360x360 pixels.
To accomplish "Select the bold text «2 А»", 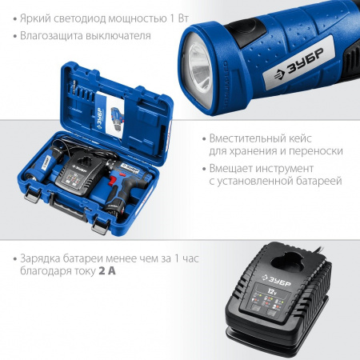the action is [x=107, y=271].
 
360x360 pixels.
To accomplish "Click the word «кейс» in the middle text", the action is [x=300, y=138].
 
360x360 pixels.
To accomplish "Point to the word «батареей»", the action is [x=318, y=181].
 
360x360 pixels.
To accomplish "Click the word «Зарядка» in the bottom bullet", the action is [x=40, y=258].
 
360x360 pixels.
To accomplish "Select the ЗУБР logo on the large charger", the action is [x=276, y=280].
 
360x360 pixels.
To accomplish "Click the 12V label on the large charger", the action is [x=272, y=290].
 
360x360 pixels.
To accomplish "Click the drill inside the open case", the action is [x=126, y=184].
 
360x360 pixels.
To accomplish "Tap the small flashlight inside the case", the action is [x=43, y=164].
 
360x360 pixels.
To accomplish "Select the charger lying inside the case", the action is [x=79, y=174].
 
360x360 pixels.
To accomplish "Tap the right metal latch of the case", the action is [x=101, y=226].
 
